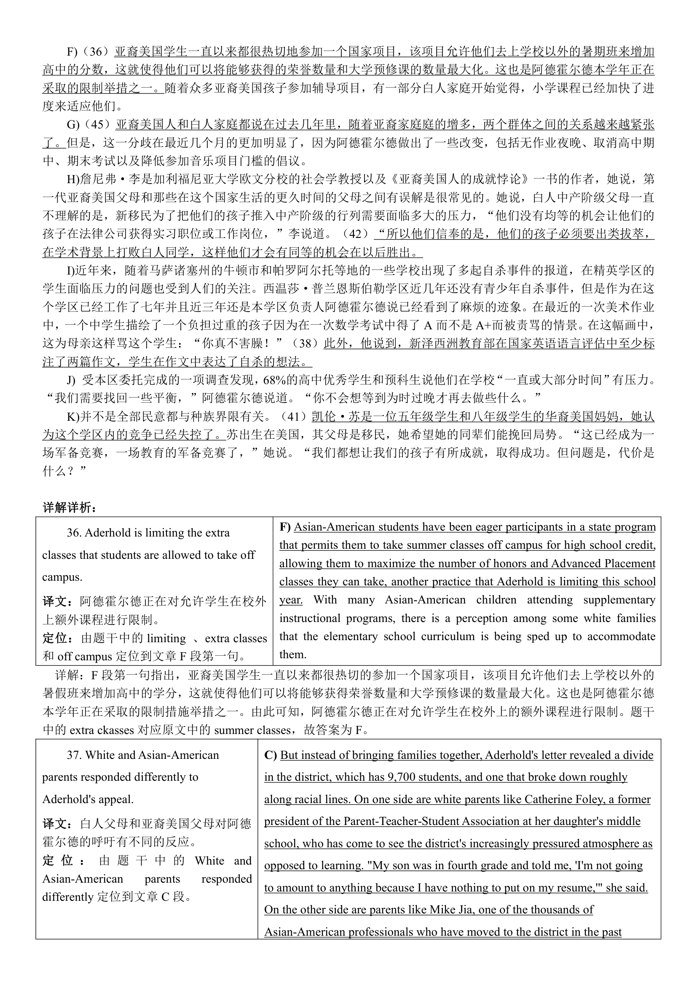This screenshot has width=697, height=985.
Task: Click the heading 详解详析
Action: [x=70, y=507]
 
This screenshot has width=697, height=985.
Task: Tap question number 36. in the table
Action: [x=75, y=533]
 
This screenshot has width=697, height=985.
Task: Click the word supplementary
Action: [x=619, y=600]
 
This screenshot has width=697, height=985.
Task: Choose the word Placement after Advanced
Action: [x=628, y=563]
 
